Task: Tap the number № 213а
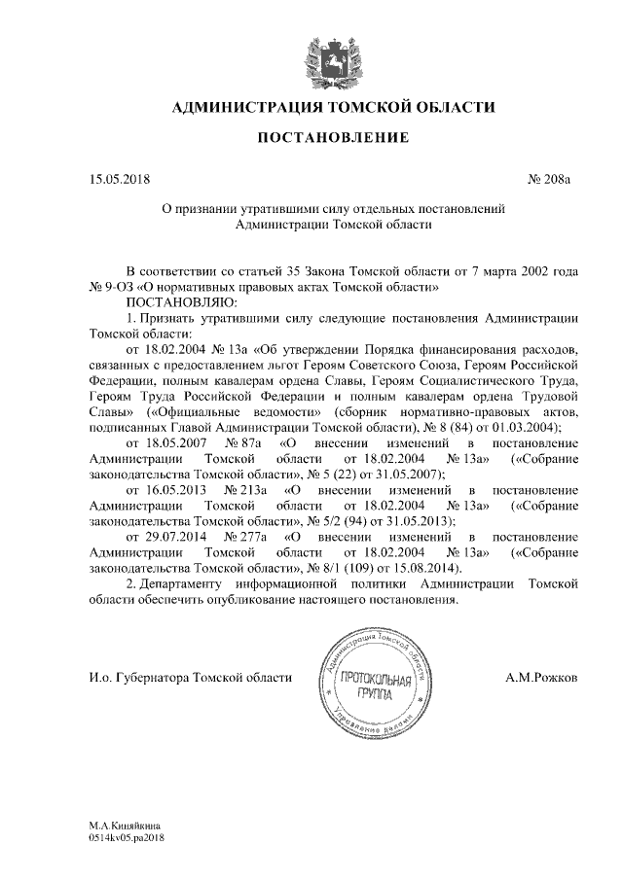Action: [245, 489]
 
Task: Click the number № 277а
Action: [245, 536]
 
